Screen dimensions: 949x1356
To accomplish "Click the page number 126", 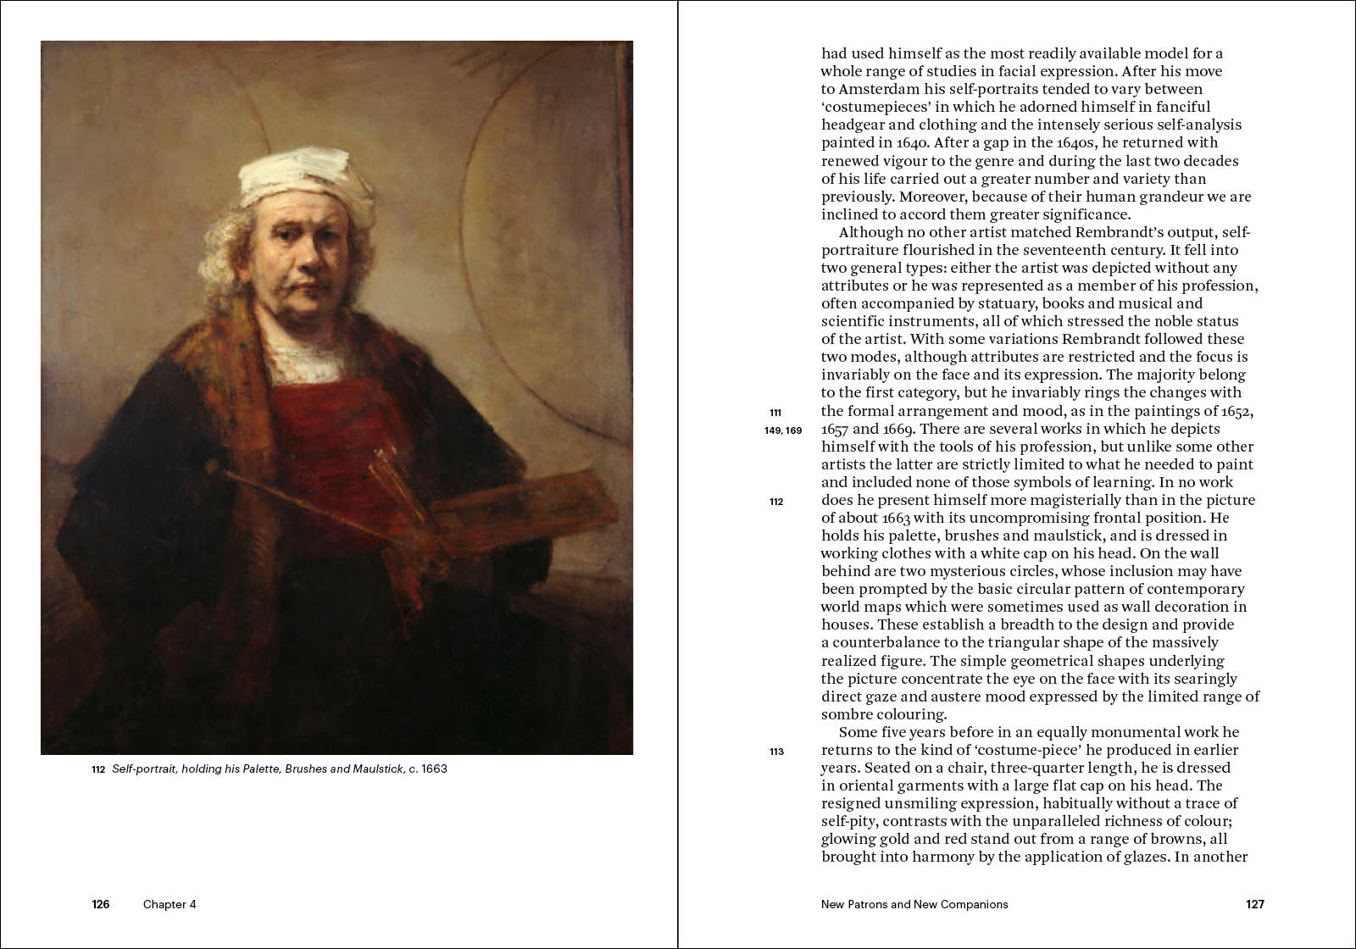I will coord(101,904).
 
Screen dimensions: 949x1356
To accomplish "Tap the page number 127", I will coord(1255,904).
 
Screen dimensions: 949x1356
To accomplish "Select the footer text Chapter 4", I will coord(169,904).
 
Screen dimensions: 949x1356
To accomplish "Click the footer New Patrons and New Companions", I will coord(914,904).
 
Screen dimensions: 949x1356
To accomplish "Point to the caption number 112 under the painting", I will coord(97,770).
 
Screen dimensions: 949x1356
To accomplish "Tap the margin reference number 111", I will coord(775,413).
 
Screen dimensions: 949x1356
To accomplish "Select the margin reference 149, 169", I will coord(783,430).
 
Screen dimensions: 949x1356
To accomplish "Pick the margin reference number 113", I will coord(776,752).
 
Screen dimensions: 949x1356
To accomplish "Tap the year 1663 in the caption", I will coord(431,770).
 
